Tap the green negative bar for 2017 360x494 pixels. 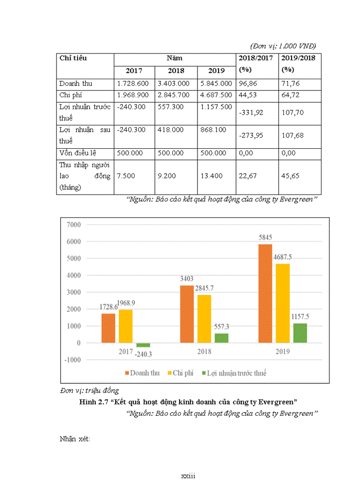point(143,345)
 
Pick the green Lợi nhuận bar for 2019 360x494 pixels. point(300,333)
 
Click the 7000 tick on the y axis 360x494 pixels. point(74,225)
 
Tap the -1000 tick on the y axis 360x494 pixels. point(72,360)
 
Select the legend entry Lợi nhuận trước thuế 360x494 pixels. point(236,373)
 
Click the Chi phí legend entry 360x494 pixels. point(179,373)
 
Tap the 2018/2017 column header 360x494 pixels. point(256,58)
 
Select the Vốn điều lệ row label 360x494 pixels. point(78,153)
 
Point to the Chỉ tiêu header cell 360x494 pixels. point(73,58)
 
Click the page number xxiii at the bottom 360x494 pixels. point(188,476)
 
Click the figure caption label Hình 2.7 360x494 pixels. point(95,401)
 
